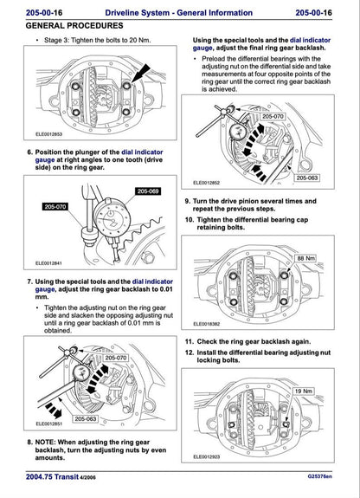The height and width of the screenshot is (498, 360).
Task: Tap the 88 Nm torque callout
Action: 306,259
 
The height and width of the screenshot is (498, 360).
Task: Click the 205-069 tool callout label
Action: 148,191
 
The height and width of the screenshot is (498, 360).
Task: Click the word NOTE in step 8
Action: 44,441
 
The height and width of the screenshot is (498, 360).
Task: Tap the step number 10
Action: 188,220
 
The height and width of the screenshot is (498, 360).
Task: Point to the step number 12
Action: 188,352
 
